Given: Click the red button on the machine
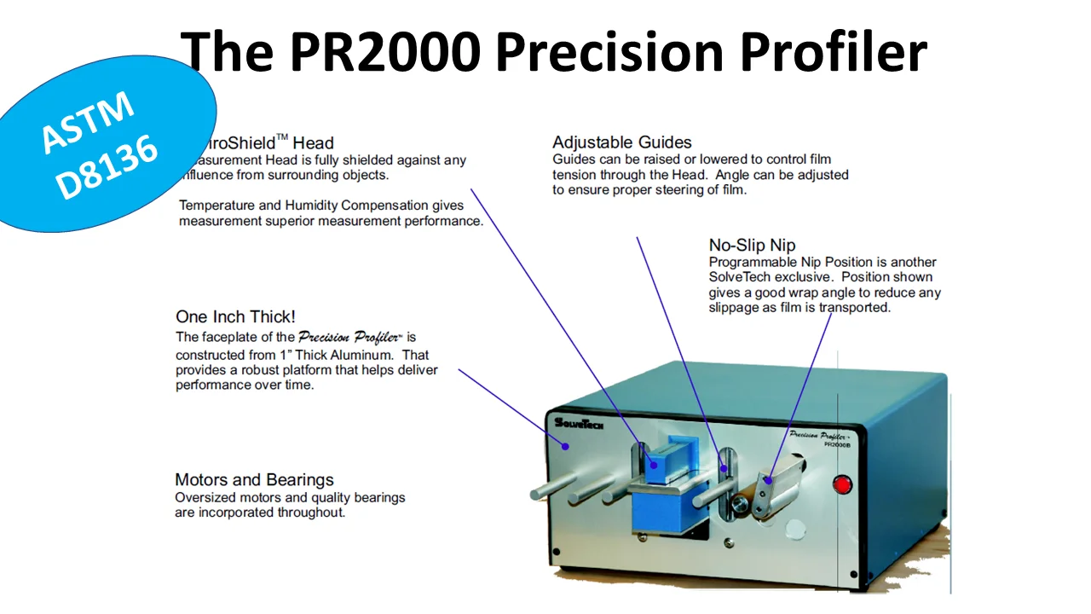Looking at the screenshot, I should (843, 485).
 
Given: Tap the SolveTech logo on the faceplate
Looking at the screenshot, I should (579, 422).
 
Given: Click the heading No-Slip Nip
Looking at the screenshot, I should (752, 245).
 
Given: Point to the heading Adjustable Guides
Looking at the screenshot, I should (621, 142).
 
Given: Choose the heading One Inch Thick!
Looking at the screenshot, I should (235, 317).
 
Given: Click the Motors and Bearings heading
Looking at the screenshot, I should (254, 479).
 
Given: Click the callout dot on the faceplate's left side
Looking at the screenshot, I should (564, 444).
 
